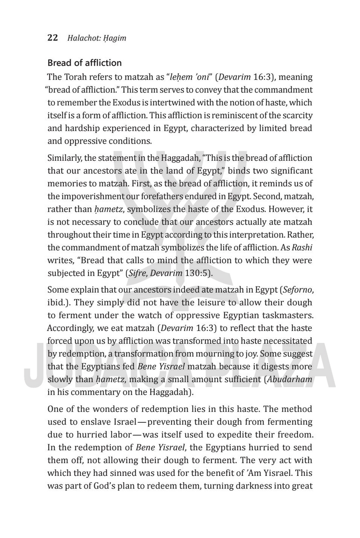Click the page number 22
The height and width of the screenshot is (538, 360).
(53, 38)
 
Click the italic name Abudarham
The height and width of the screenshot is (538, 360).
(289, 380)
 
